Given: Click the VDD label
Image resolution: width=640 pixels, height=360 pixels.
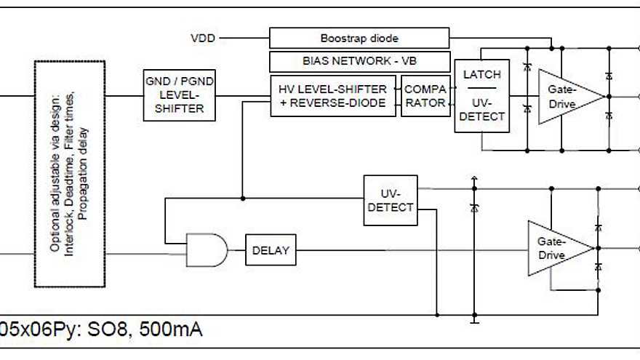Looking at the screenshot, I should point(203,38).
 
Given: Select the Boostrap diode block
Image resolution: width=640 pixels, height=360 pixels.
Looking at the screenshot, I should point(359,38).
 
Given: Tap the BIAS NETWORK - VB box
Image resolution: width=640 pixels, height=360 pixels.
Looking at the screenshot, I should point(359,61).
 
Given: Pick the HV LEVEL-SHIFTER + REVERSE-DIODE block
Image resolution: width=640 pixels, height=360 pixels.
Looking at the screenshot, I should point(333,95).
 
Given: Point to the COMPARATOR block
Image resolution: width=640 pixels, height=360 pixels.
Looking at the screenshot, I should point(425,95).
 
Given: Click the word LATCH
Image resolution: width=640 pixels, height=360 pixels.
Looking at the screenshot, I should point(481,75).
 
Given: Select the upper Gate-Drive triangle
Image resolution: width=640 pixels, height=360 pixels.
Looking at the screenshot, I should point(564,97).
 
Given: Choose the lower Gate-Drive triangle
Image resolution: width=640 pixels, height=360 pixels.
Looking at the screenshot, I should point(556,248).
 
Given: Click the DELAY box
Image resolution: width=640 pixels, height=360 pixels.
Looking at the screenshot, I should point(271,251).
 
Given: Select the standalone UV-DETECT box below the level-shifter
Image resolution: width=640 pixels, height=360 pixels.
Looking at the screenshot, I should point(391,201).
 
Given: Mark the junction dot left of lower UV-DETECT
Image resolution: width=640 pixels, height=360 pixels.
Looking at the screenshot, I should point(242,198).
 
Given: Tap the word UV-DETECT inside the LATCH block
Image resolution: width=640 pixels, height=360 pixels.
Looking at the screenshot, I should point(481,110).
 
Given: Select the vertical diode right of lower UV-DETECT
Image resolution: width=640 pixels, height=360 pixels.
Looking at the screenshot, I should point(474,208).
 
